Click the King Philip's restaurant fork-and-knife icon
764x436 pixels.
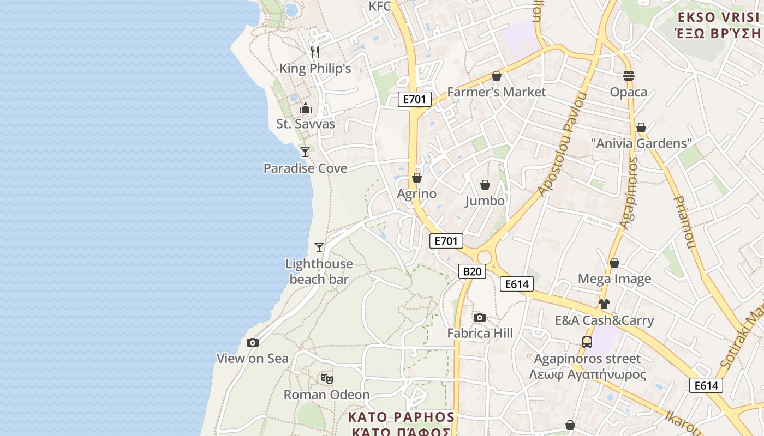coord(314,52)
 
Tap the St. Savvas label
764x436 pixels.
coord(306,124)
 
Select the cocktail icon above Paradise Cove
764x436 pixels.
coord(305,152)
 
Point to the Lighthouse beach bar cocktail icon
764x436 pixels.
coord(319,247)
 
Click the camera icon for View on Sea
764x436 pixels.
coord(252,343)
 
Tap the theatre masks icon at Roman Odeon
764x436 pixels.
coord(326,378)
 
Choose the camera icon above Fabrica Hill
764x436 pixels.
coord(480,318)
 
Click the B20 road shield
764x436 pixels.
coord(472,271)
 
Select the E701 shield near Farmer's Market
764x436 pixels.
coord(415,99)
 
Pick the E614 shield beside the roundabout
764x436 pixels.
coord(516,284)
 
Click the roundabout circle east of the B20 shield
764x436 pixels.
coord(485,257)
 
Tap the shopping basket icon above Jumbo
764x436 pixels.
coord(485,185)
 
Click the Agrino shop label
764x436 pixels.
coord(417,194)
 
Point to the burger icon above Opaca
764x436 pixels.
coord(629,76)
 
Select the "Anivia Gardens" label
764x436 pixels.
coord(641,143)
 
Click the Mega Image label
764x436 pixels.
coord(614,279)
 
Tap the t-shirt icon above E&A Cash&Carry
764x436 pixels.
coord(604,304)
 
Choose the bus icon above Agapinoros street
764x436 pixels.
coord(587,342)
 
